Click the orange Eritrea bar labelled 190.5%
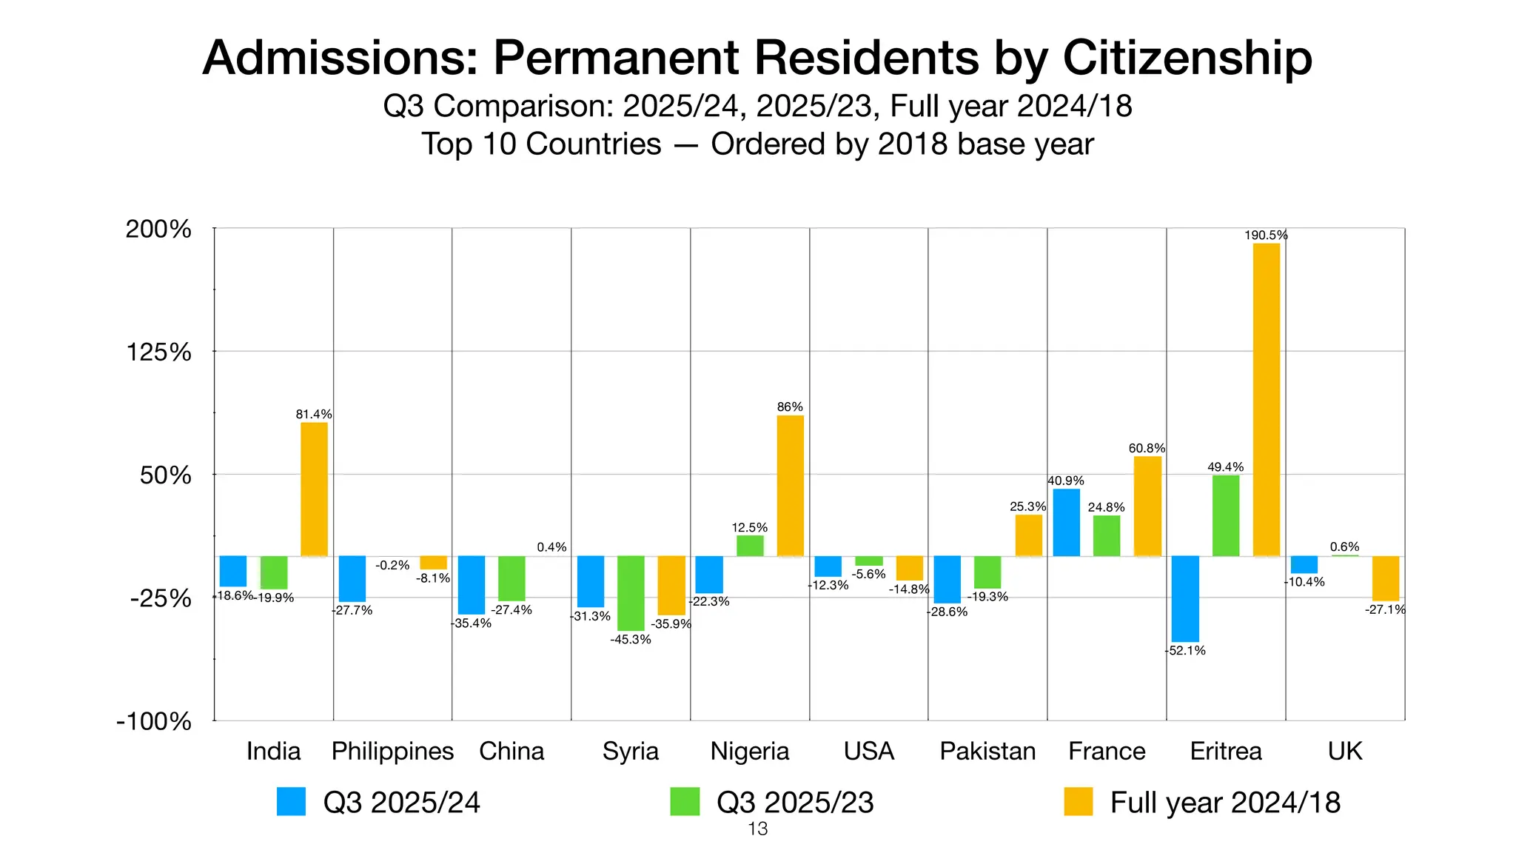(1266, 400)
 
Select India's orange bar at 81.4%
(314, 489)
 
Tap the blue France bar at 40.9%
(1066, 522)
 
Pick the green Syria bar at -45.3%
(631, 592)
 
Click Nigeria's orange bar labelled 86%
(790, 485)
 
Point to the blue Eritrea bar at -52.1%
(1185, 598)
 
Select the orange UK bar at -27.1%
(1385, 578)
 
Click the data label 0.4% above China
(551, 547)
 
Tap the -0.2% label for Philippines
(392, 565)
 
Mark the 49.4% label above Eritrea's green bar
(1225, 467)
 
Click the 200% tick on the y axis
(158, 230)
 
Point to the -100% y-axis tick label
(154, 721)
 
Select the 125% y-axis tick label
(158, 352)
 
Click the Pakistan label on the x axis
(987, 751)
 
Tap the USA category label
(868, 751)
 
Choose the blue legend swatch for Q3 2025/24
(291, 802)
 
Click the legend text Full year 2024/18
(1225, 803)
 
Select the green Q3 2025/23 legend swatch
(685, 802)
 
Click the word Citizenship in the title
(1187, 58)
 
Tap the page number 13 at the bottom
(757, 829)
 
